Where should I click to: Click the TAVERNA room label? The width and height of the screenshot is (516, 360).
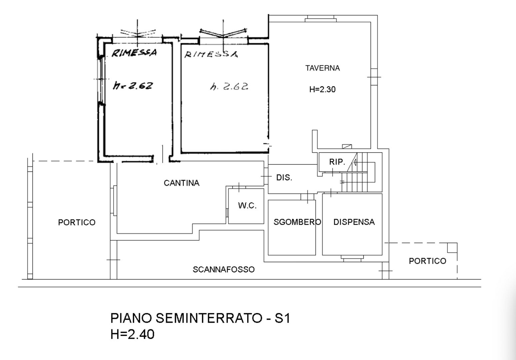(x=322, y=68)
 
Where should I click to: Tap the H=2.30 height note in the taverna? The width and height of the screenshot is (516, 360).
(x=322, y=89)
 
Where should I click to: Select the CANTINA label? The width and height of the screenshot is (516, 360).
(x=182, y=183)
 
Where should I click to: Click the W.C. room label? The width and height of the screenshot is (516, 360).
(x=247, y=206)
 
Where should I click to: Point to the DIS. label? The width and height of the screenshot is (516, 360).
(x=284, y=178)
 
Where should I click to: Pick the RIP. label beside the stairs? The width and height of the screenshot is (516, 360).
(x=337, y=162)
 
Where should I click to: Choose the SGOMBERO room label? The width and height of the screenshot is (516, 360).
(x=297, y=222)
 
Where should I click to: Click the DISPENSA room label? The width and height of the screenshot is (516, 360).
(x=354, y=222)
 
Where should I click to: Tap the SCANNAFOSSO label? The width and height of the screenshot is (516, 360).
(x=224, y=269)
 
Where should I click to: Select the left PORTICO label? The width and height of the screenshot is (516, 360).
(x=77, y=222)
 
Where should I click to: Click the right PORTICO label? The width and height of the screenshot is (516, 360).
(x=427, y=261)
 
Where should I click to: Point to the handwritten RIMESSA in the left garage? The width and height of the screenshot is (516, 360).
(x=134, y=53)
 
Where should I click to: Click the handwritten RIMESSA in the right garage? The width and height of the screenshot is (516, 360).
(x=211, y=54)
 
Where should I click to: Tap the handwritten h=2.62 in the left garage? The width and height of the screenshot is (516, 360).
(x=133, y=86)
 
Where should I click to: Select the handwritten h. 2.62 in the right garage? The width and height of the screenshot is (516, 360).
(x=229, y=87)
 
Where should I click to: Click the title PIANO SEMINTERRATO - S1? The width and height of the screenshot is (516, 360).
(x=200, y=319)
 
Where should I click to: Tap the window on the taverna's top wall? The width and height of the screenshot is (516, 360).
(x=320, y=19)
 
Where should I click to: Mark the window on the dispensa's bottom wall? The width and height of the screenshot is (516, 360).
(x=352, y=257)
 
